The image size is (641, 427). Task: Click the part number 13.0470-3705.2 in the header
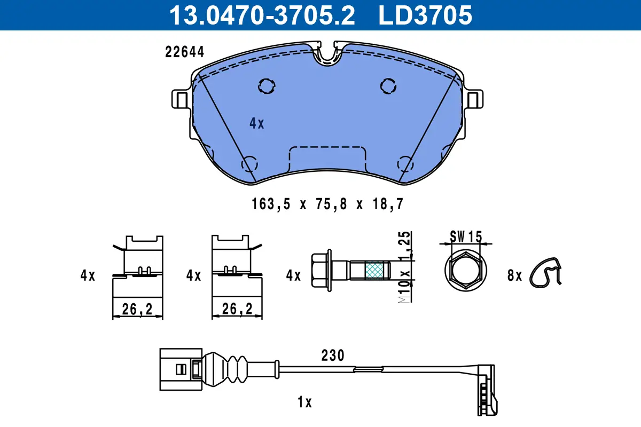click(x=262, y=15)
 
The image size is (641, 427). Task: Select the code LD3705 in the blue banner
click(x=425, y=15)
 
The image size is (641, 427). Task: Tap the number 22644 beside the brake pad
click(x=185, y=52)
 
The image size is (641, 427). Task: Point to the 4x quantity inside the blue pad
click(x=257, y=123)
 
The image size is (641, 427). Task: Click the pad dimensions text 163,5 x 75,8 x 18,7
click(x=327, y=204)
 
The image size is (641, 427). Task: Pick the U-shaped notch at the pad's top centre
click(x=327, y=56)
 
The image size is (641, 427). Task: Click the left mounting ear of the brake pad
click(x=181, y=99)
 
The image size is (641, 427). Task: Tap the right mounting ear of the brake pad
click(x=474, y=99)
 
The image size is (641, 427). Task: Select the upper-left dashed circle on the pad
click(x=267, y=86)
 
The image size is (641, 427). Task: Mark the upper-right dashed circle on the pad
click(x=388, y=86)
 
